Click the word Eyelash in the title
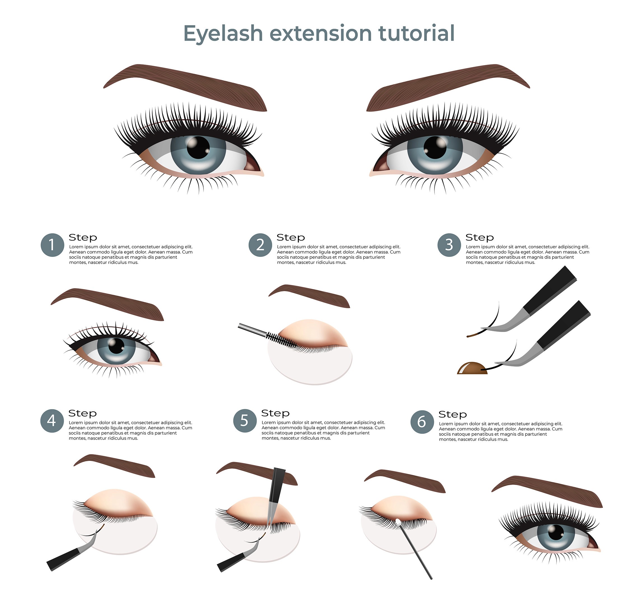click(x=223, y=34)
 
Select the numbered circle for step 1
click(x=52, y=245)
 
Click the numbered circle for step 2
click(x=260, y=245)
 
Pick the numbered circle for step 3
click(x=449, y=245)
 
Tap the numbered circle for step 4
click(x=52, y=421)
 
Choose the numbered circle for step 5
click(x=245, y=421)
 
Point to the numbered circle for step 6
click(x=422, y=422)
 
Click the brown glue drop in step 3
click(x=472, y=368)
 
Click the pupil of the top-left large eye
click(x=198, y=148)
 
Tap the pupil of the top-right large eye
click(x=435, y=148)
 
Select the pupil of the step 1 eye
click(x=116, y=346)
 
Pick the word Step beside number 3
click(x=480, y=237)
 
